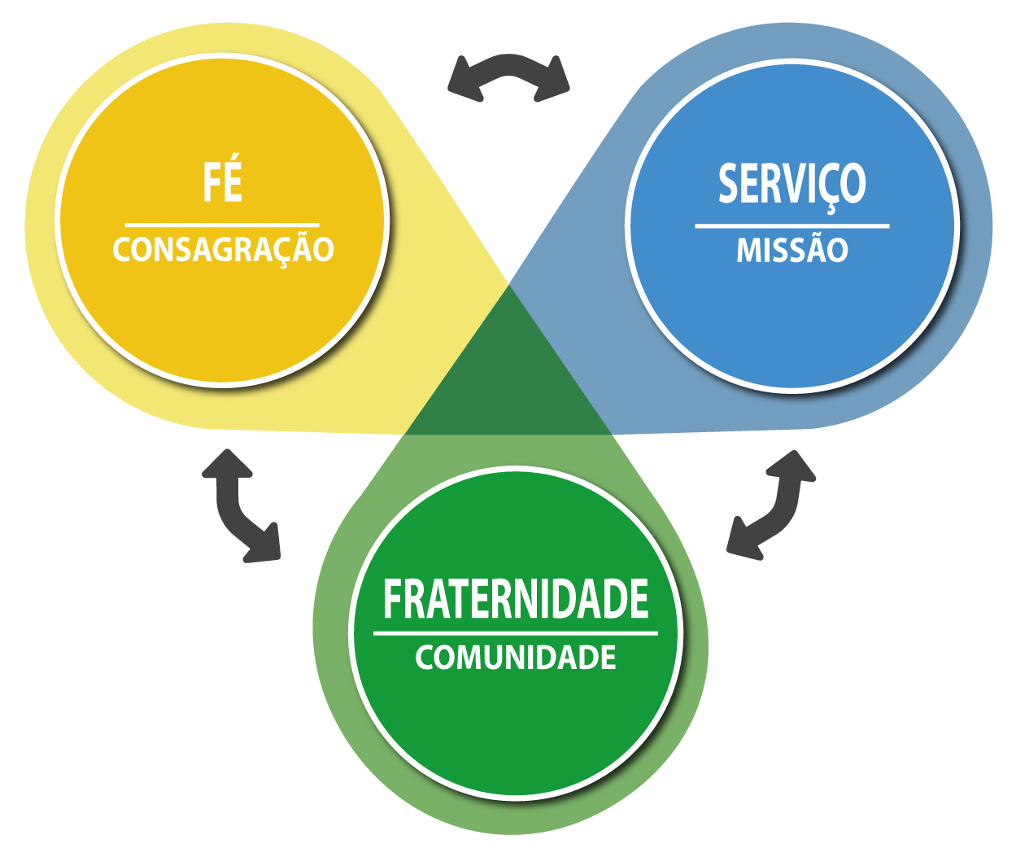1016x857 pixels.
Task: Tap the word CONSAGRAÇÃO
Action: point(223,250)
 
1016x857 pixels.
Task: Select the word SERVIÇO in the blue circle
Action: point(791,184)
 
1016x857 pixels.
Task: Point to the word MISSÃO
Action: point(791,250)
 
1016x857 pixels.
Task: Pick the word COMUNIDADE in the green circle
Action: point(515,658)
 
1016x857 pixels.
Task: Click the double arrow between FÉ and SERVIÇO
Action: point(508,78)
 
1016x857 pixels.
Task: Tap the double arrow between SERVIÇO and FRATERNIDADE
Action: point(771,505)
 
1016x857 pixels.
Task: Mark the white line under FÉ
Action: point(222,225)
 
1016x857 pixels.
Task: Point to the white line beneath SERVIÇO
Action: point(791,225)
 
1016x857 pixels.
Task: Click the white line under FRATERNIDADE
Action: point(515,632)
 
